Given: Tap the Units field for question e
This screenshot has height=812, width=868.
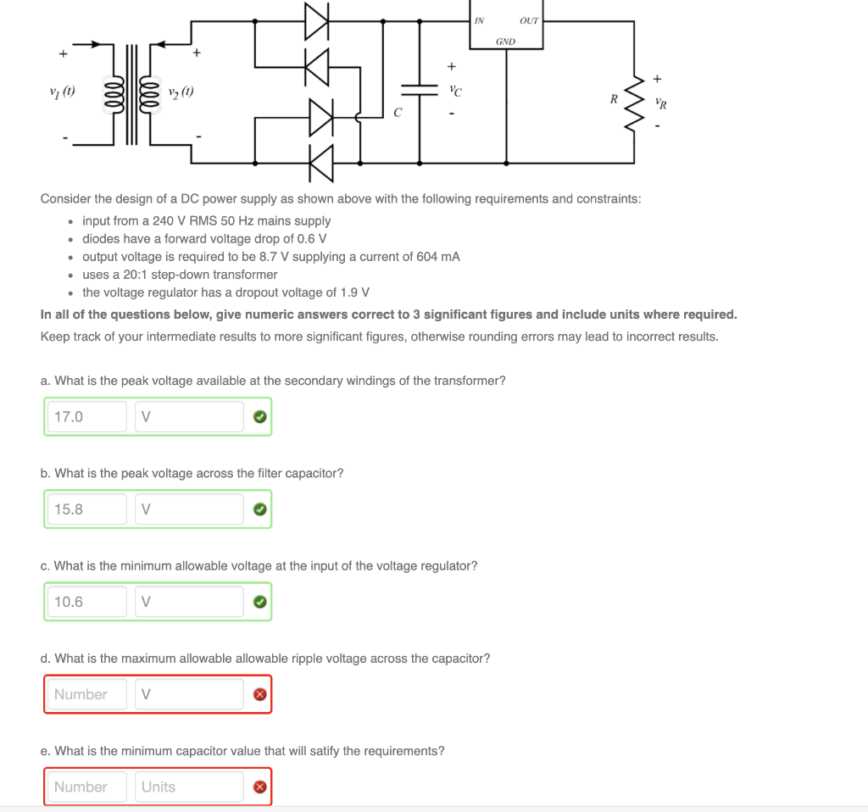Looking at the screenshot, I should (189, 787).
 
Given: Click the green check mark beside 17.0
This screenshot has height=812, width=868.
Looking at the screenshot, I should (260, 416).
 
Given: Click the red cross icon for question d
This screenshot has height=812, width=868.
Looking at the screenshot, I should (260, 694).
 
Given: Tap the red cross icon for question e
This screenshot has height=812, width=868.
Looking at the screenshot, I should (260, 787).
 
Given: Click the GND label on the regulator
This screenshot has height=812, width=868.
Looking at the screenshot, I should (505, 41).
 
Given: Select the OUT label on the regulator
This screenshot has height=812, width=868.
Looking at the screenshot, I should (529, 20).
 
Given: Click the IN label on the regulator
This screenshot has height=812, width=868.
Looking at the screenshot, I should (479, 20).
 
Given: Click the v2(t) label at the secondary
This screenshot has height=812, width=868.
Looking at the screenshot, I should (179, 92).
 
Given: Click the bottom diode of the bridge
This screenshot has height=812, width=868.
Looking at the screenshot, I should (320, 161).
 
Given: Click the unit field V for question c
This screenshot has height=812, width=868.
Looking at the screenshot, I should (189, 602).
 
